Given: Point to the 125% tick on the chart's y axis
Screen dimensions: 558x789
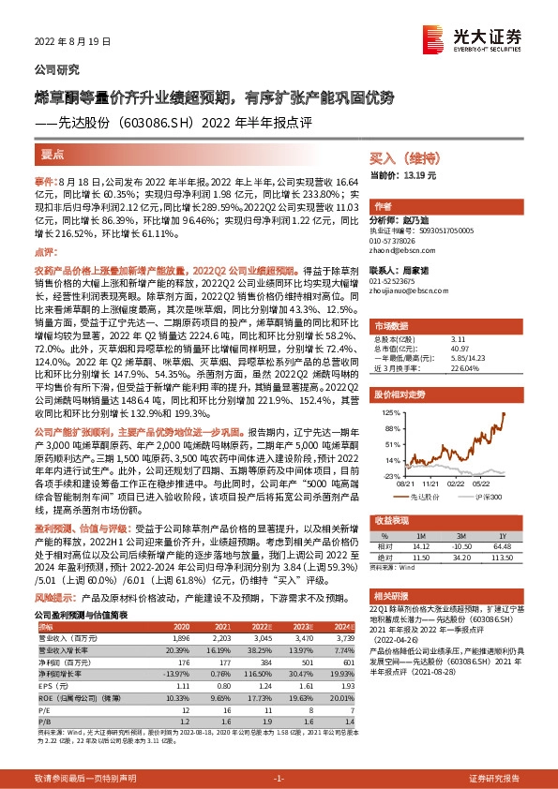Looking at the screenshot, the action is coord(390,411).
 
